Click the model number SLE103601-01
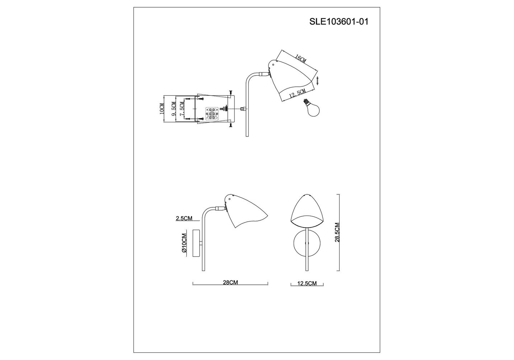click(339, 22)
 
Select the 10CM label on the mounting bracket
click(162, 109)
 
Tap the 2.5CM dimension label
click(184, 219)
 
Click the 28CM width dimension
click(230, 283)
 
